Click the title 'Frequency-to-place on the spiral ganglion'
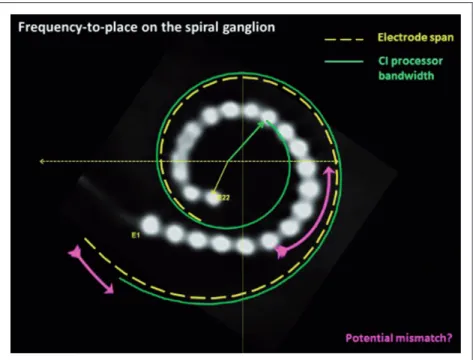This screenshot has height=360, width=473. coord(147,27)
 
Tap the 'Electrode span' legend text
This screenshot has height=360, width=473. coord(415,37)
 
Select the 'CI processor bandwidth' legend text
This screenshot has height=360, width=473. coord(411,68)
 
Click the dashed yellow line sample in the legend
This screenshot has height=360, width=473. coord(344,39)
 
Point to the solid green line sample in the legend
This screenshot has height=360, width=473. coord(344,61)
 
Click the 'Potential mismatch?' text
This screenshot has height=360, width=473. coord(399,338)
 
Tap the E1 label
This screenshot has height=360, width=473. coord(136,235)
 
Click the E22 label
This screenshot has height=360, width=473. coord(224,198)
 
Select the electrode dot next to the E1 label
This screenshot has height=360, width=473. coord(151,225)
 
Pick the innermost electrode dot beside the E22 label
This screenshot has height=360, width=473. coord(213,197)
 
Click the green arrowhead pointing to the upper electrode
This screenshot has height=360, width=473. coord(261,124)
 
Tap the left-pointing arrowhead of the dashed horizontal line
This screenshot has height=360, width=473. coord(42,162)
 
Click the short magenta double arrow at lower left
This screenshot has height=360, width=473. coord(91,270)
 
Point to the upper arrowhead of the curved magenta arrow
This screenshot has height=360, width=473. coord(329,171)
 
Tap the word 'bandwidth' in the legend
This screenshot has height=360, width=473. coord(406,75)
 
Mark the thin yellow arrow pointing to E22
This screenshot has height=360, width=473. coord(220,178)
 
